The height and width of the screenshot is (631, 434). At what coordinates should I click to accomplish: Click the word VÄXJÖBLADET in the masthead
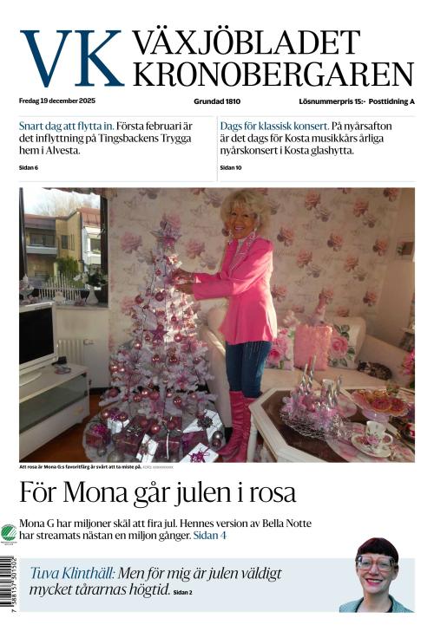coord(246,42)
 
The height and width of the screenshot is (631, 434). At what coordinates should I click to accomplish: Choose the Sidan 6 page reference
coord(29,167)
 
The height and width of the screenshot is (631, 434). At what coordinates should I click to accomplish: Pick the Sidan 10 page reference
coord(231,167)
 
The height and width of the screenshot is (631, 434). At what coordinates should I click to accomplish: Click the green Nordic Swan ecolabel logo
coord(9,532)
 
